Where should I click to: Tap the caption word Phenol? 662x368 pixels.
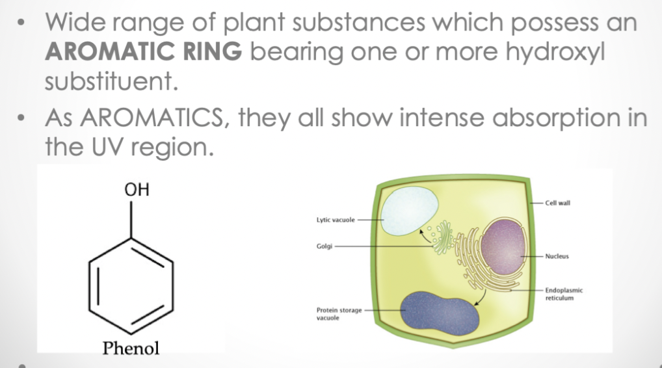pyautogui.click(x=131, y=348)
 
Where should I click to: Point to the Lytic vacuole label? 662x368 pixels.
pyautogui.click(x=334, y=220)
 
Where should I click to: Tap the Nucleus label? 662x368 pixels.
pyautogui.click(x=557, y=256)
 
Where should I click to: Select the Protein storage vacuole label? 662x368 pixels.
pyautogui.click(x=339, y=314)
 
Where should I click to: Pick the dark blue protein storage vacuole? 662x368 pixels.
pyautogui.click(x=441, y=311)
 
